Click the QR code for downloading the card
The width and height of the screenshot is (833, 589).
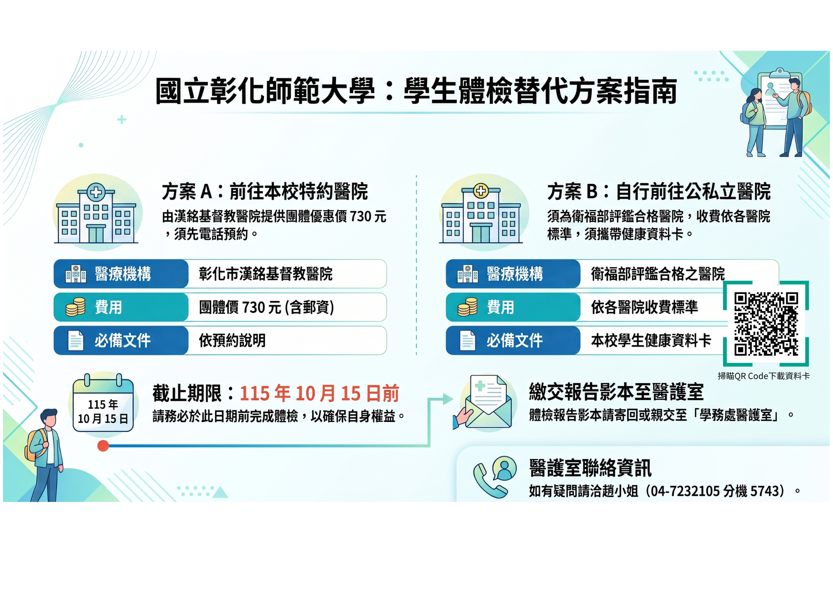766,324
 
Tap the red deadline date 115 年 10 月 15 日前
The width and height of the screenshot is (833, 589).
319,393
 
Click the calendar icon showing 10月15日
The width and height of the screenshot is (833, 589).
103,403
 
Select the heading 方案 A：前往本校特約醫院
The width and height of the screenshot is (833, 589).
265,192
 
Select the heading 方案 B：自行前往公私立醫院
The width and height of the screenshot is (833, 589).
659,192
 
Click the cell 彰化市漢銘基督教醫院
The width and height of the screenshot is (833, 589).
266,274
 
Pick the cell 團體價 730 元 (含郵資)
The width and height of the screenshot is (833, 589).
267,307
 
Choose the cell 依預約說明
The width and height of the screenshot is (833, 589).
232,341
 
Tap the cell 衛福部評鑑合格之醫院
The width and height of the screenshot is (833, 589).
658,274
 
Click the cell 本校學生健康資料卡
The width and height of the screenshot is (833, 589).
651,341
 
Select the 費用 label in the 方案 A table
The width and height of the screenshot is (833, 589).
108,307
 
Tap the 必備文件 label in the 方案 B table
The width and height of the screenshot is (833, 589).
515,341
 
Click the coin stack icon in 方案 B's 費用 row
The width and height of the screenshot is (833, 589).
468,307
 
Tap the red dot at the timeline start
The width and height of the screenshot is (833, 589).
103,446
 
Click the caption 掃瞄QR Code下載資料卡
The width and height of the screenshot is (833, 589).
763,376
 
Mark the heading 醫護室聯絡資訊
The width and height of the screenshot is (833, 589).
590,468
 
